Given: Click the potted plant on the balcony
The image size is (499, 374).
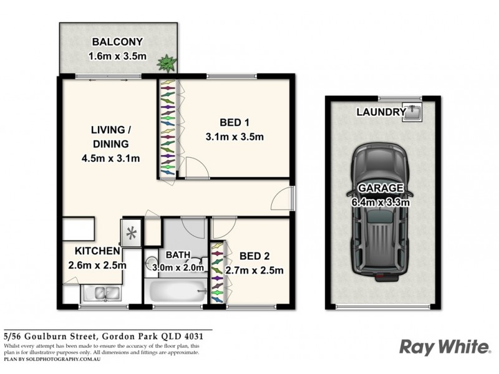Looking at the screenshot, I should pyautogui.click(x=167, y=64).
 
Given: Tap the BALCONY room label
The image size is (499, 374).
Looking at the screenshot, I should pyautogui.click(x=117, y=42).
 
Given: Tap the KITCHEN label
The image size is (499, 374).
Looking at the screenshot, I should pyautogui.click(x=97, y=251).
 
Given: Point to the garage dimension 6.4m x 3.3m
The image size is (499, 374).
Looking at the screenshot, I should pyautogui.click(x=380, y=201).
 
